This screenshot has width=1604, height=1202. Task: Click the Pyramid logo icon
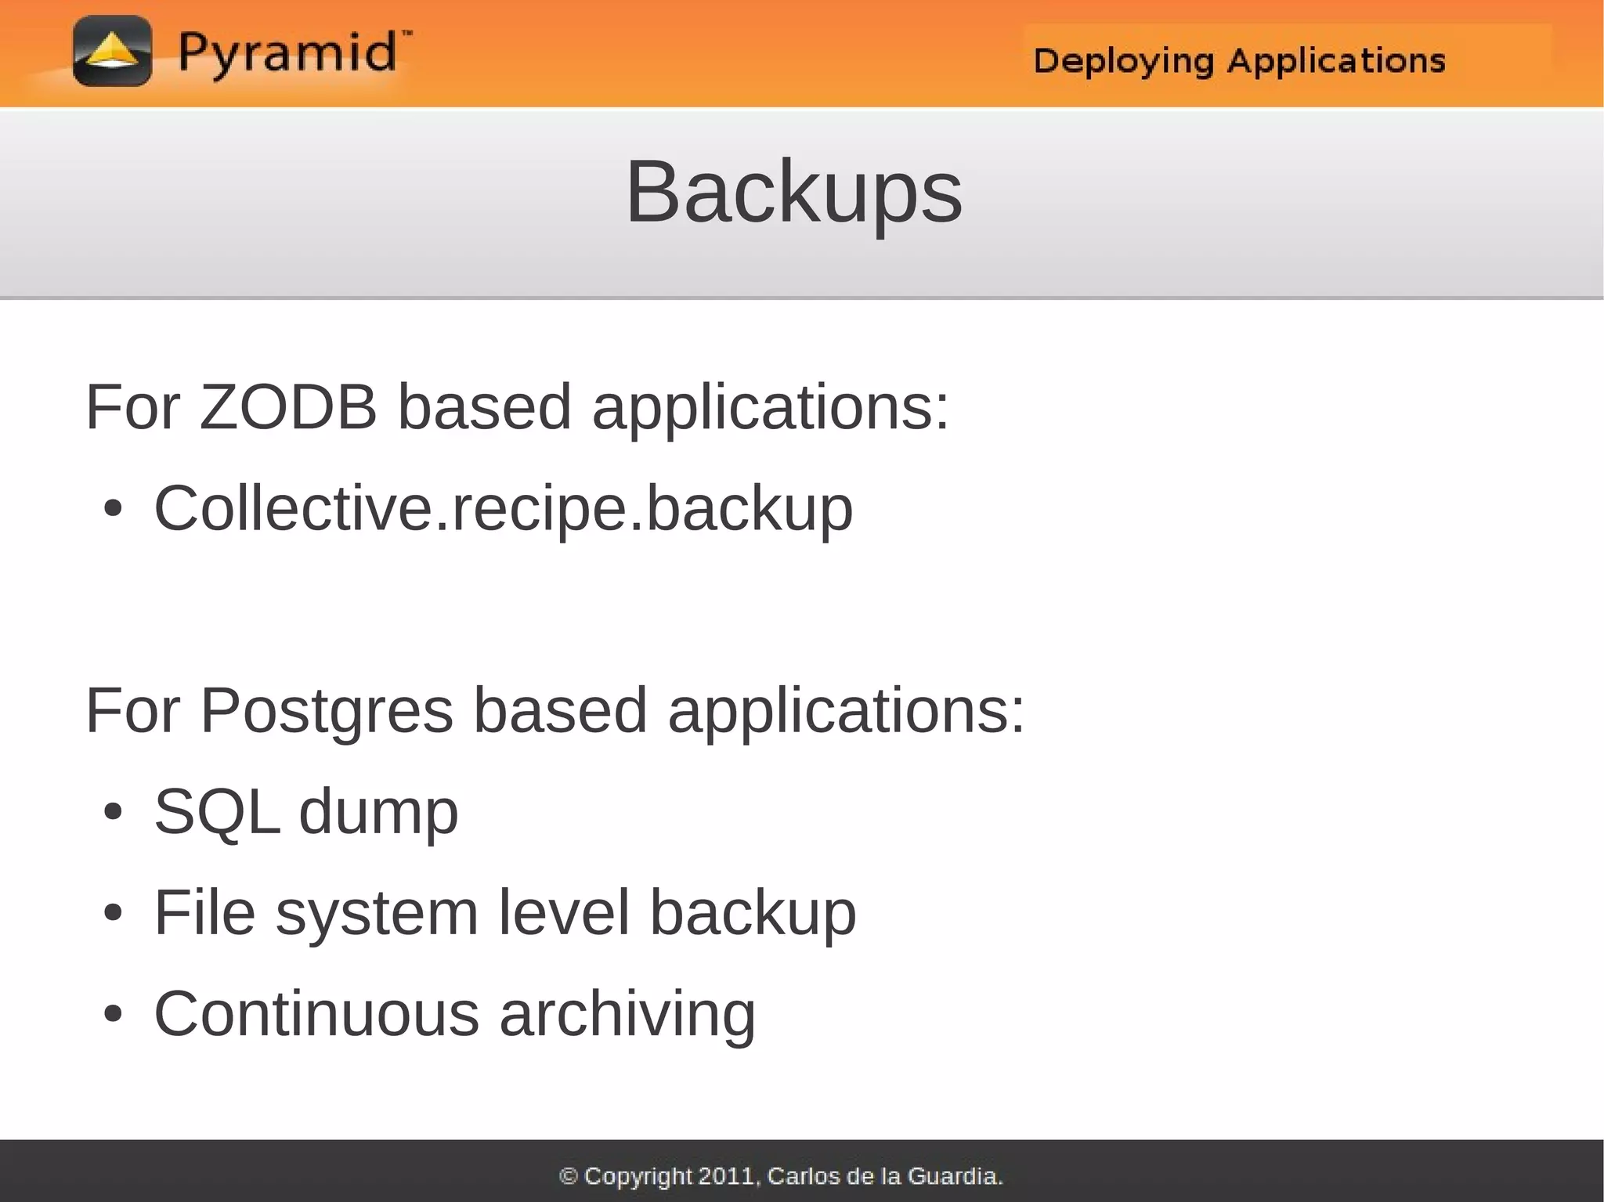[112, 51]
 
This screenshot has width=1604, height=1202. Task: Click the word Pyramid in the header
[287, 54]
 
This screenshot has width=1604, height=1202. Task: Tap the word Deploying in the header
[1123, 61]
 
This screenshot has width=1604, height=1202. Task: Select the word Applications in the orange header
[1335, 60]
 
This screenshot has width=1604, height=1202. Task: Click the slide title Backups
[793, 192]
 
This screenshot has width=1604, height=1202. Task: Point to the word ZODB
[288, 407]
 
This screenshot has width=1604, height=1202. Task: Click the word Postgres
[327, 710]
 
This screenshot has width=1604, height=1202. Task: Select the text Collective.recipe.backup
[503, 509]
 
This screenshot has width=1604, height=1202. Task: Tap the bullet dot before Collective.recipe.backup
[113, 510]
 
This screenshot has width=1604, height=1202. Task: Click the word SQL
[217, 812]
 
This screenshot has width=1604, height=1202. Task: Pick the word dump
[378, 812]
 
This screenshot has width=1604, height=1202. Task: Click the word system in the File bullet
[377, 913]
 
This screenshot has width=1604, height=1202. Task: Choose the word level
[564, 912]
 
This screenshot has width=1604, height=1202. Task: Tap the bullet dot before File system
[113, 913]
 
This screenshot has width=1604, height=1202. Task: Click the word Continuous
[316, 1013]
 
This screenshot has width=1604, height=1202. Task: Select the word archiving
[627, 1015]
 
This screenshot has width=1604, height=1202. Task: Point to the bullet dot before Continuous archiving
[113, 1014]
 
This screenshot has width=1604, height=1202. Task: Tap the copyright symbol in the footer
[569, 1176]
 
